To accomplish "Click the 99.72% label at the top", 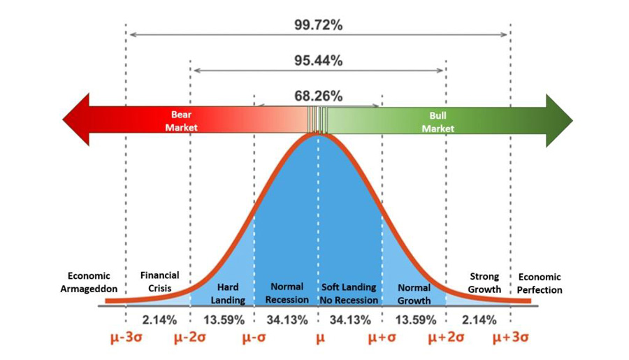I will pos(318,26).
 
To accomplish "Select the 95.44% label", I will pos(318,61).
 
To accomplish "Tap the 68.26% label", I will pos(318,96).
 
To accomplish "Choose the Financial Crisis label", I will pos(159,282).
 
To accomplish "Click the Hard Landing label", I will pos(228,294).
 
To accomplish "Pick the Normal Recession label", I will pos(286,294).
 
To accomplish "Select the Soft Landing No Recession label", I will pos(349,294).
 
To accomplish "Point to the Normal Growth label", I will pos(414,294).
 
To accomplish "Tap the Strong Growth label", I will pos(484,282).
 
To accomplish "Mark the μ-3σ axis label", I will pos(127,339).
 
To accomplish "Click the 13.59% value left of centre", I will pos(224,320).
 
